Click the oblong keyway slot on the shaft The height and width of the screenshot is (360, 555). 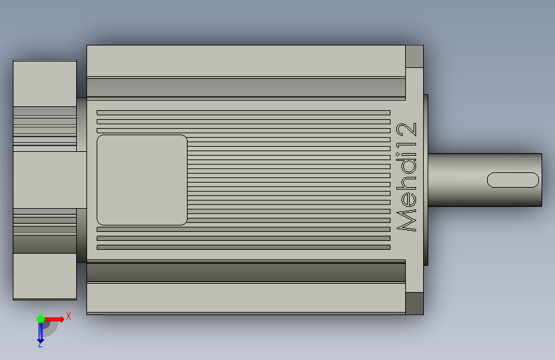click(513, 180)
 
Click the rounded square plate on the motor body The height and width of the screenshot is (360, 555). click(142, 179)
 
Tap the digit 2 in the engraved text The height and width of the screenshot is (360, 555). click(406, 129)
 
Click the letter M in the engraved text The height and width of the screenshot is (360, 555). click(406, 220)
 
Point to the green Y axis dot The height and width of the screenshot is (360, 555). click(40, 319)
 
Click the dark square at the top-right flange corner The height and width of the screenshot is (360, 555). click(414, 56)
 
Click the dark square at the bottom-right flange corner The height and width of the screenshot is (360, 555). click(414, 303)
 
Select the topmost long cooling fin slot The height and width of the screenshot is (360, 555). click(243, 113)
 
